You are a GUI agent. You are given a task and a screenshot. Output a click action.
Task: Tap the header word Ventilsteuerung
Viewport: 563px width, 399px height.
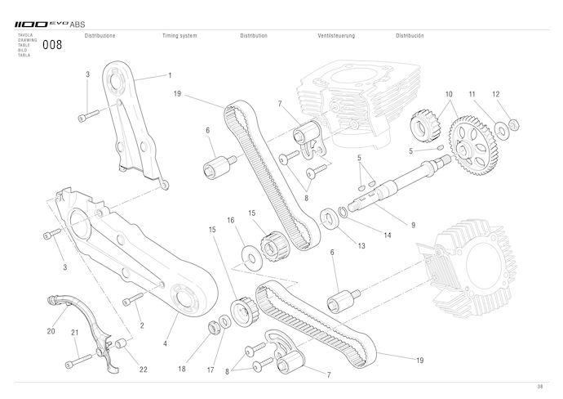click(338, 36)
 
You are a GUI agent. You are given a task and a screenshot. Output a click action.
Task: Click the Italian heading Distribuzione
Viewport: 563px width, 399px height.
click(100, 36)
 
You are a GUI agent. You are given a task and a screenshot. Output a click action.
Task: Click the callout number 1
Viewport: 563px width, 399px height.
click(170, 75)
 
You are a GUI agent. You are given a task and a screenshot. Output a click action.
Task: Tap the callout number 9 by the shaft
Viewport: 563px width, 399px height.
click(414, 224)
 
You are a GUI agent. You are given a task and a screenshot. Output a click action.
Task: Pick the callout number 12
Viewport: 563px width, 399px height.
click(495, 94)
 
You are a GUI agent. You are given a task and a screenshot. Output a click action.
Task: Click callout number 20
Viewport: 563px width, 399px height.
click(51, 332)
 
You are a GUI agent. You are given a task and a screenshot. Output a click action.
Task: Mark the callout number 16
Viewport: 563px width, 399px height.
click(231, 220)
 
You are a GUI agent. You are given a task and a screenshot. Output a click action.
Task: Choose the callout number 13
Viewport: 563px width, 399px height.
click(361, 244)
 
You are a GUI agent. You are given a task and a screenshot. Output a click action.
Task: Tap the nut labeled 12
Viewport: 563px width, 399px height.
click(515, 125)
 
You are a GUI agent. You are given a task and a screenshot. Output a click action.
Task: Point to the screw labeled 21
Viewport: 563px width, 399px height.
click(82, 360)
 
